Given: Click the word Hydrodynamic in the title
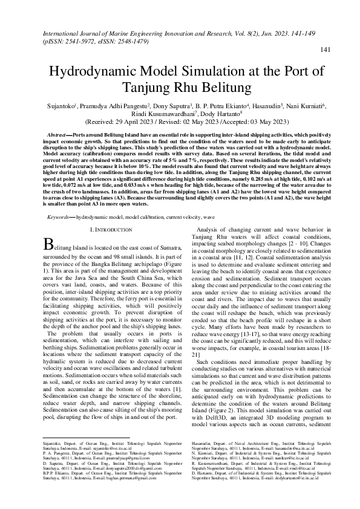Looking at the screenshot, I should click(99, 71).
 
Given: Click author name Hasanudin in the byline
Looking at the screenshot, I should click(275, 106).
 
